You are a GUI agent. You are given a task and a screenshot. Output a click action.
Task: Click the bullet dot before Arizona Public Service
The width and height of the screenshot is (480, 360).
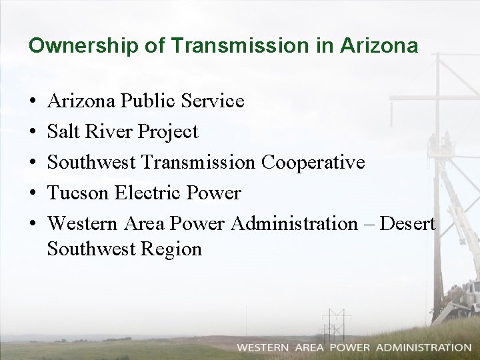coord(33,102)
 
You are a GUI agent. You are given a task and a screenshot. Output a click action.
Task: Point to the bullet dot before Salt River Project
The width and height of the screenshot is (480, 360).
coord(33,133)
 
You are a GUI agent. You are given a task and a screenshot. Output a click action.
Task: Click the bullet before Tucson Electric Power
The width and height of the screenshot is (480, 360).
coord(33,194)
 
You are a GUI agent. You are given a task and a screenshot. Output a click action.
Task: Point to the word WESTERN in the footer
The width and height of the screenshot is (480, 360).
coord(263,347)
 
